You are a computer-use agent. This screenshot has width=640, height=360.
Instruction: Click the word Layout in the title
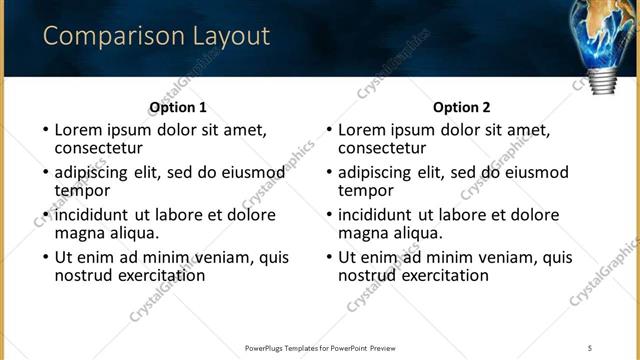(x=227, y=37)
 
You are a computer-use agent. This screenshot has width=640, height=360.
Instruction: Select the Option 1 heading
(x=178, y=108)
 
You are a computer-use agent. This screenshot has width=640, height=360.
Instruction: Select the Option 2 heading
(x=462, y=108)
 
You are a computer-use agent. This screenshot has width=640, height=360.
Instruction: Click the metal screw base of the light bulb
(x=603, y=82)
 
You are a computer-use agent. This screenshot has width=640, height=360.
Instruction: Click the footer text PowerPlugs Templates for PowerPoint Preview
(x=319, y=348)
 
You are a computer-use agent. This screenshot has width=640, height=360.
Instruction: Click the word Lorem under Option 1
(x=78, y=129)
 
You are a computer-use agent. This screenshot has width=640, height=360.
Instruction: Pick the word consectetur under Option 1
(x=99, y=148)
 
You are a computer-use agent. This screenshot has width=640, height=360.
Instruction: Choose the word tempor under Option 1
(x=82, y=190)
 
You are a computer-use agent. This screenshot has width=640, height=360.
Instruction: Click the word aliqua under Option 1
(x=131, y=233)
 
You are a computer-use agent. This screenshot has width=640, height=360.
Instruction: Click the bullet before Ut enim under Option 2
(x=329, y=257)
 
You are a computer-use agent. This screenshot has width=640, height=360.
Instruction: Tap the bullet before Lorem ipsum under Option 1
(x=45, y=129)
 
